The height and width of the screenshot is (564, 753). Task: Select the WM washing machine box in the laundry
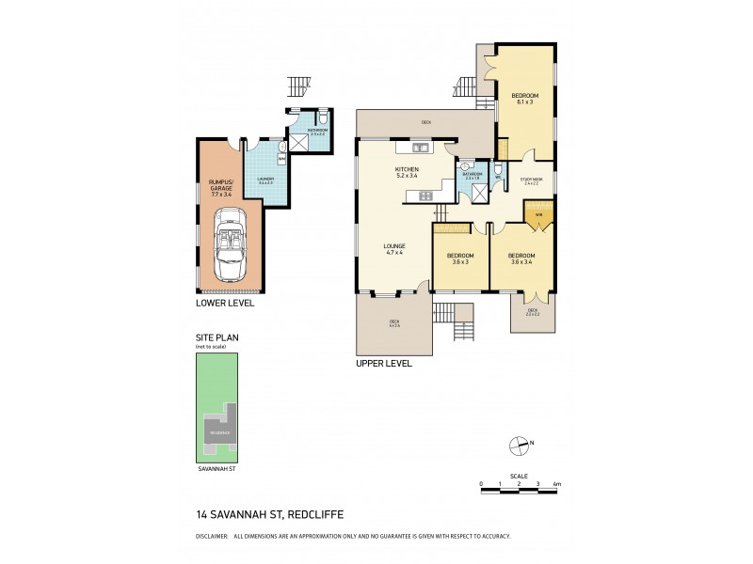point(280,159)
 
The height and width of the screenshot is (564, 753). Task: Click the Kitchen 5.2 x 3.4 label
point(407,172)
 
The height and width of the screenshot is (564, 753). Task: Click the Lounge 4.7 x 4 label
point(393,249)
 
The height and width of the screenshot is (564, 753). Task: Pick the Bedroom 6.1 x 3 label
point(524,99)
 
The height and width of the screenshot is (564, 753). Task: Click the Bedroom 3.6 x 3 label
point(460,259)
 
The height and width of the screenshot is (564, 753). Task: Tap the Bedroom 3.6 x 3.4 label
point(521,259)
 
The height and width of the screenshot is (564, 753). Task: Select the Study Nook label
point(530,180)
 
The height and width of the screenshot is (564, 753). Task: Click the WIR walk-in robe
point(538,215)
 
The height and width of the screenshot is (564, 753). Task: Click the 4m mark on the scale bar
point(557,483)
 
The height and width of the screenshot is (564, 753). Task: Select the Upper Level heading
point(383,362)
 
